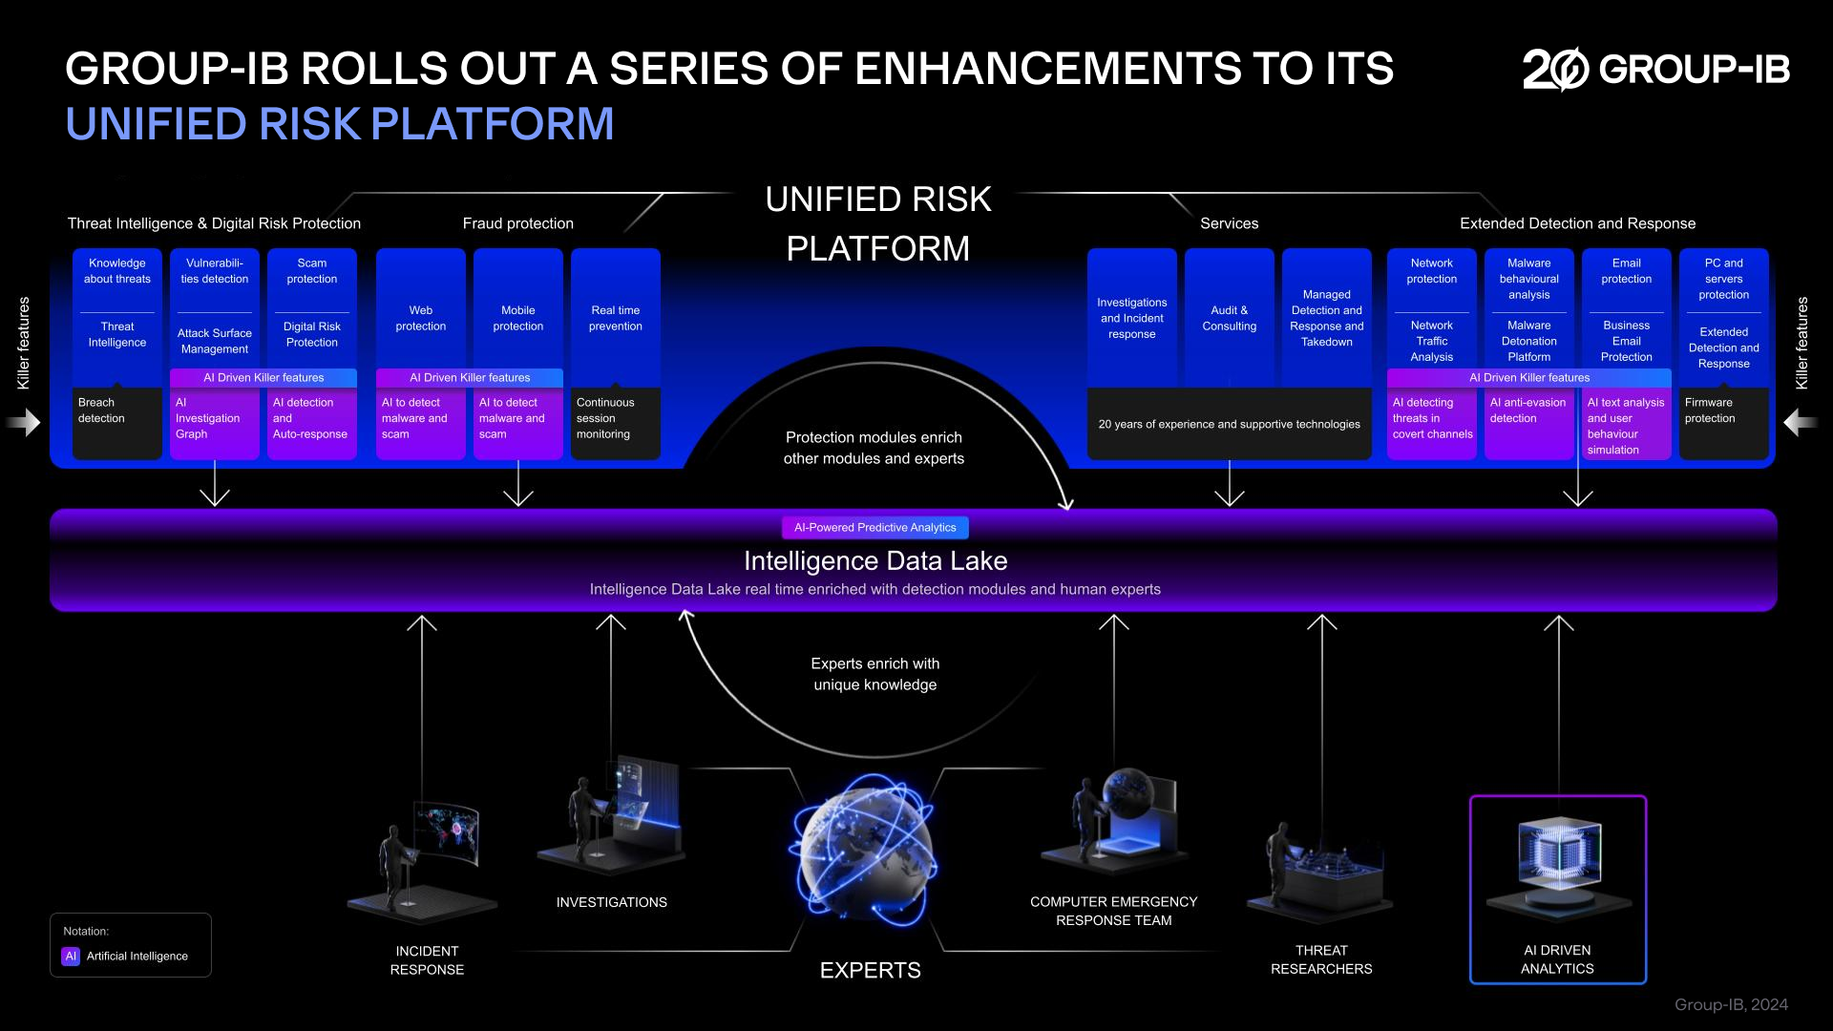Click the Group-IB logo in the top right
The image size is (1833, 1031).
tap(1655, 69)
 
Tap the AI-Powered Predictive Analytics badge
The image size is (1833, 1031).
tap(874, 527)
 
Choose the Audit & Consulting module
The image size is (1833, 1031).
tap(1229, 318)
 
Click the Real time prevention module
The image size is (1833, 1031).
tap(615, 318)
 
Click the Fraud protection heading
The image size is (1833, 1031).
tap(517, 223)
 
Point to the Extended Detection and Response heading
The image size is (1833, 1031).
tap(1577, 223)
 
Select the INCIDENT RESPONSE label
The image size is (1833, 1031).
tap(427, 959)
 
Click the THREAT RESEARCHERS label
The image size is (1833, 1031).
tap(1321, 959)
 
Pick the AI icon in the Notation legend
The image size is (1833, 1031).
tap(71, 956)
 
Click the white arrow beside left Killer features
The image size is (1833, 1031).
tap(26, 422)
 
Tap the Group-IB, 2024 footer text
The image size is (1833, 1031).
tap(1731, 1004)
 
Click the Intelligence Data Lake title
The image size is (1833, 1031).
tap(874, 560)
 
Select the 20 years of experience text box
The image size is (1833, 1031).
tap(1229, 424)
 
